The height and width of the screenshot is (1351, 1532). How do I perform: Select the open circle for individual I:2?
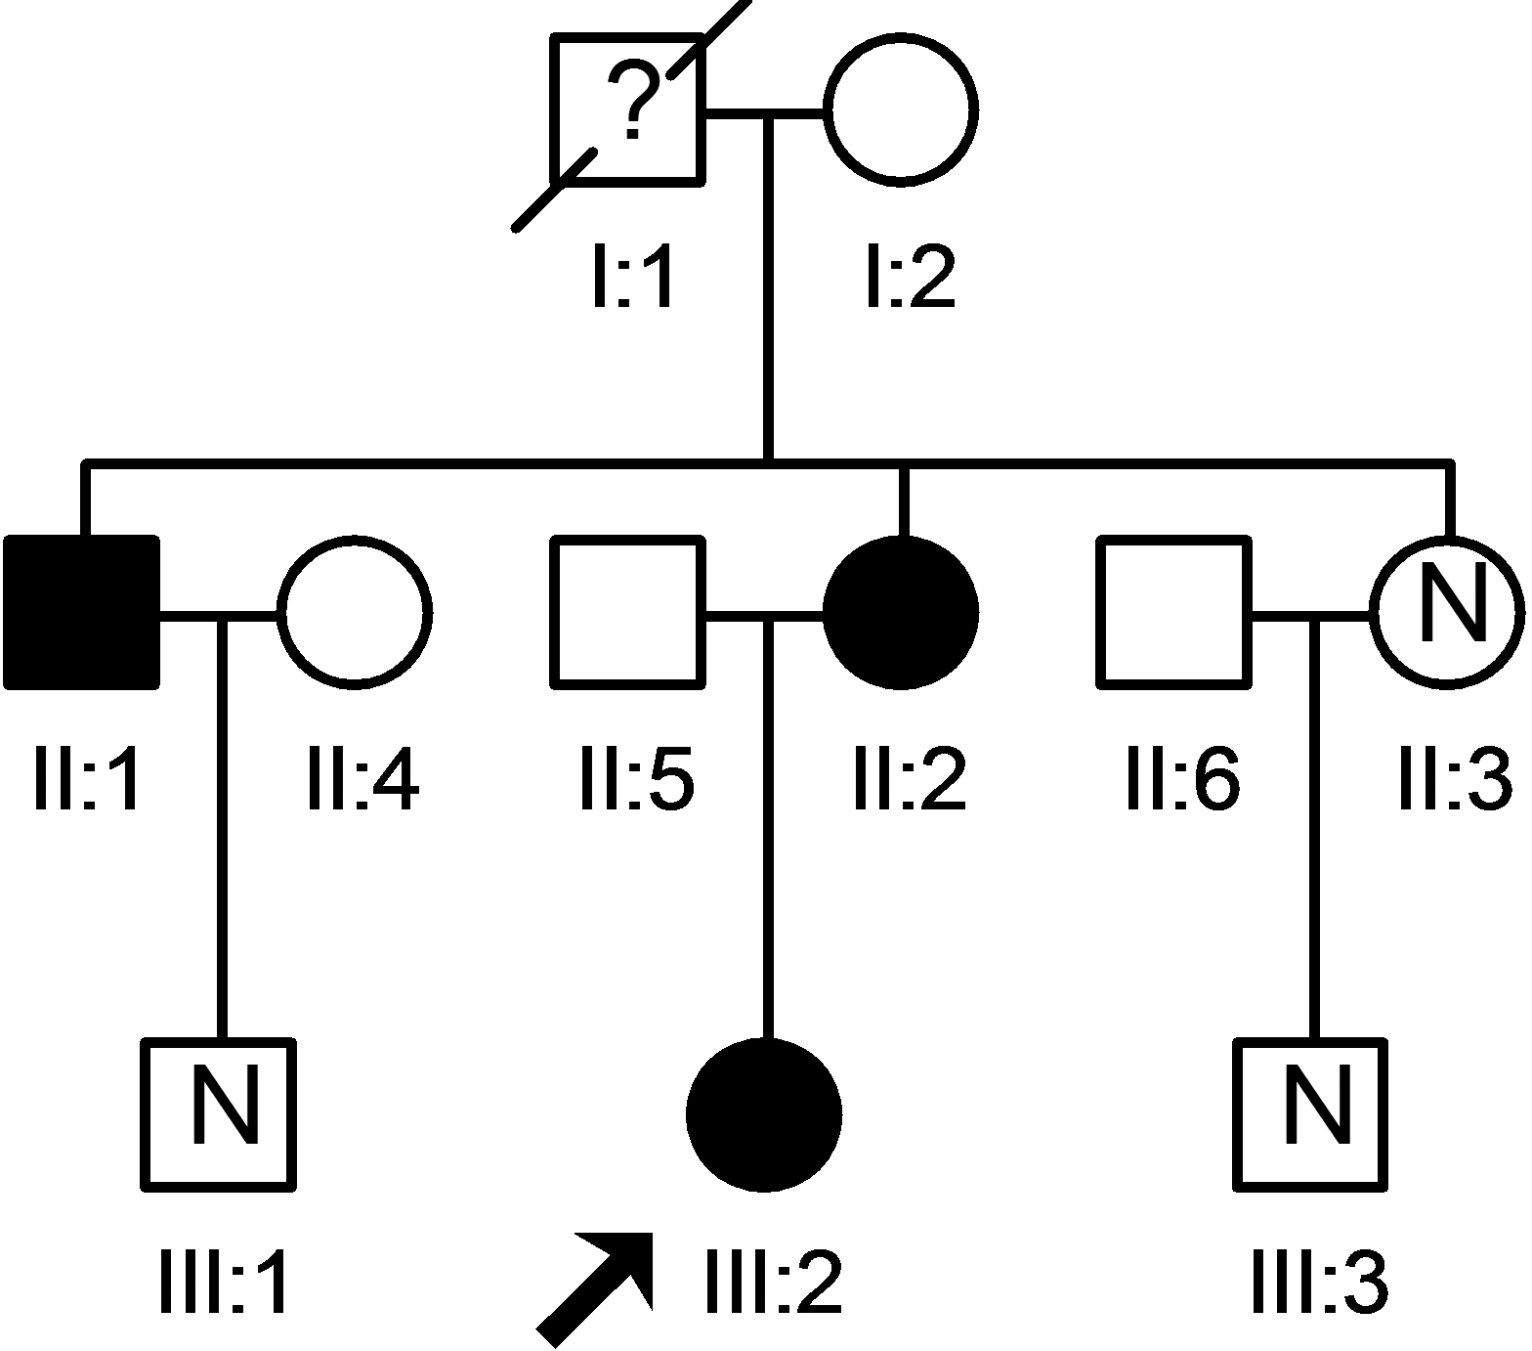click(900, 108)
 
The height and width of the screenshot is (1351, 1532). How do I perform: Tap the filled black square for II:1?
click(82, 612)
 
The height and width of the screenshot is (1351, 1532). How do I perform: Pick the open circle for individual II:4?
click(355, 612)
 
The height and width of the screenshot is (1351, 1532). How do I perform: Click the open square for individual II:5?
click(627, 612)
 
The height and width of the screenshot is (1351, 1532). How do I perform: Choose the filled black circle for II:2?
click(900, 612)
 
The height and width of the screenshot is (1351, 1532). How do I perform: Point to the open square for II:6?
click(1173, 612)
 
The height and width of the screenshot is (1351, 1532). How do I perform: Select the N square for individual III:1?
click(219, 1114)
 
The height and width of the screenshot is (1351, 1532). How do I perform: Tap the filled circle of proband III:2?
click(764, 1114)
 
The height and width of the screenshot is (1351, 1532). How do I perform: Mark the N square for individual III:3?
click(1311, 1114)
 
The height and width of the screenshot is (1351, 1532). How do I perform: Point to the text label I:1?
click(633, 278)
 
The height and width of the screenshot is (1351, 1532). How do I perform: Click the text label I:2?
click(910, 278)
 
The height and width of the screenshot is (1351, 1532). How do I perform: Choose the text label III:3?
click(1320, 1283)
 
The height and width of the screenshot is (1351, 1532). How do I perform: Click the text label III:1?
click(223, 1283)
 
